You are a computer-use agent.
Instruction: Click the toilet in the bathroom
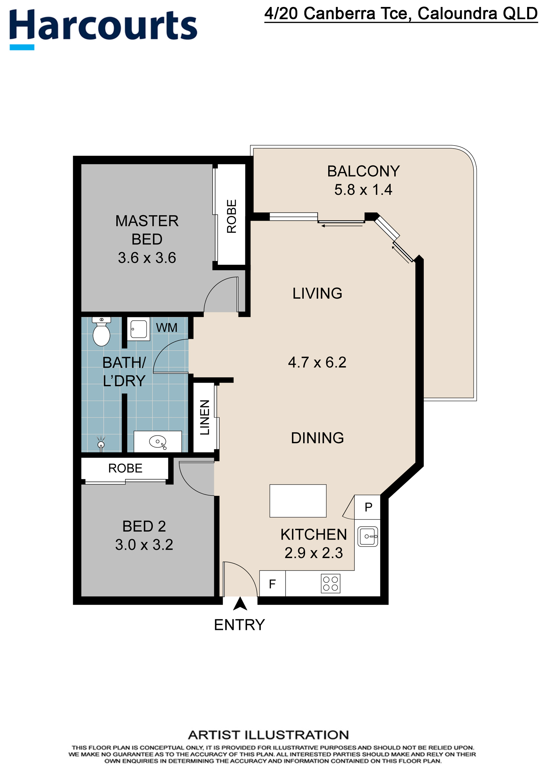101,331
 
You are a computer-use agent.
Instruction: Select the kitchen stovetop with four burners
331,583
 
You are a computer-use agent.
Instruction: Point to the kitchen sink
368,536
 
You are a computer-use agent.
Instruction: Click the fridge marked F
272,583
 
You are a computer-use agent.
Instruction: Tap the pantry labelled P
368,507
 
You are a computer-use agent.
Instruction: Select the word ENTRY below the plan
240,625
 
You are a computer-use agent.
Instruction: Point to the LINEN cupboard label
205,417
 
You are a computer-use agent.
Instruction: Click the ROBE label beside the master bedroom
231,216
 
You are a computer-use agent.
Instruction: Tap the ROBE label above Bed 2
125,468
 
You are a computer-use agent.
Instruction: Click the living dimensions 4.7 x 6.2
317,362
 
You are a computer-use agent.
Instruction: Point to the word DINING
317,438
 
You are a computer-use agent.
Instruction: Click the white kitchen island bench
298,501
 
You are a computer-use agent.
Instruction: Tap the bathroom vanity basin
158,442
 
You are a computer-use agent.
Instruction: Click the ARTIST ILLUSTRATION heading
268,735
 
